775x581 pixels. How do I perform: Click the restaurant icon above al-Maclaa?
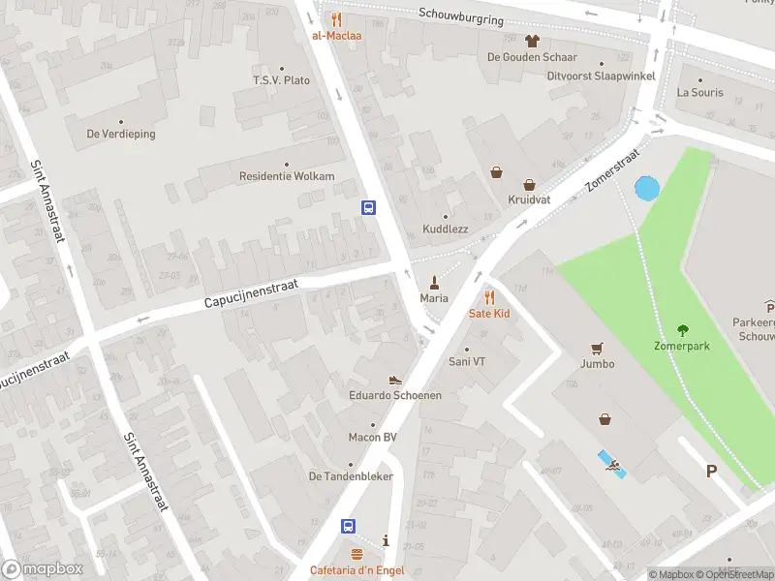[336, 19]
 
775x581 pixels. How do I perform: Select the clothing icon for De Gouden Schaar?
[531, 41]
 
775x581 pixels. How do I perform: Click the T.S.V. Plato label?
[281, 79]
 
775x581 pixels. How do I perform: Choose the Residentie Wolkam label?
[287, 176]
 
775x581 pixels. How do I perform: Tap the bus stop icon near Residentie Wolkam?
[369, 207]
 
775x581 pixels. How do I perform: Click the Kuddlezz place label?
[446, 229]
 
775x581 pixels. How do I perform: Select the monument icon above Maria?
[434, 282]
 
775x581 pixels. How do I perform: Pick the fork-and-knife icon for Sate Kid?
[489, 297]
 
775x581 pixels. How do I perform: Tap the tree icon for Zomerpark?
[682, 329]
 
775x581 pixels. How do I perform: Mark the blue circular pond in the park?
[646, 189]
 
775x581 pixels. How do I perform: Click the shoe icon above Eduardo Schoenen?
[395, 381]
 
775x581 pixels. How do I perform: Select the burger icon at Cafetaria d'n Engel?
[356, 555]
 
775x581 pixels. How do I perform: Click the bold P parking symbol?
[711, 472]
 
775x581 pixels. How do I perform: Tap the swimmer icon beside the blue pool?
[614, 470]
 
